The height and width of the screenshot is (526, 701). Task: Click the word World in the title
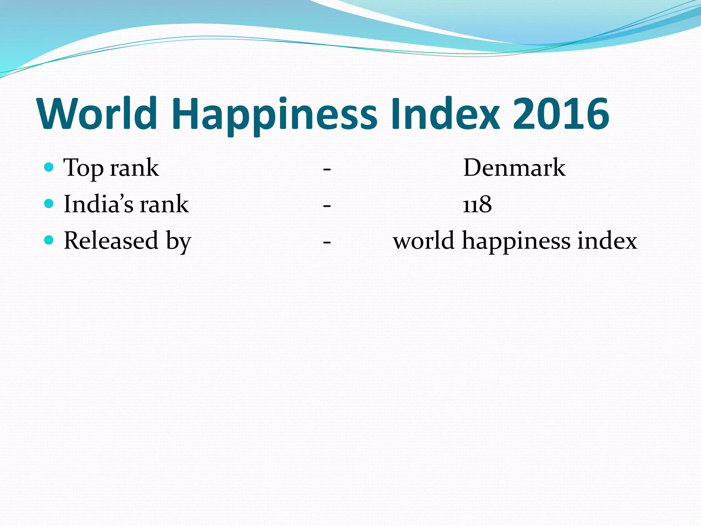coord(98,114)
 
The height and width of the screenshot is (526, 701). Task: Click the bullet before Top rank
coord(49,167)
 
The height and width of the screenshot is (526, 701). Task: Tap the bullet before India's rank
coord(49,204)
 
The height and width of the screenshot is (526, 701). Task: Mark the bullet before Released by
coord(49,240)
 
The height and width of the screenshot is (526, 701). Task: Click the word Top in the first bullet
coord(84,168)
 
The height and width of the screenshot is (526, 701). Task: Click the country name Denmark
coord(514,168)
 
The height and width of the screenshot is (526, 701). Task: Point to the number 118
coord(477,204)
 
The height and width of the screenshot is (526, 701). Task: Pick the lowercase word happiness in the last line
coord(516,242)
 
